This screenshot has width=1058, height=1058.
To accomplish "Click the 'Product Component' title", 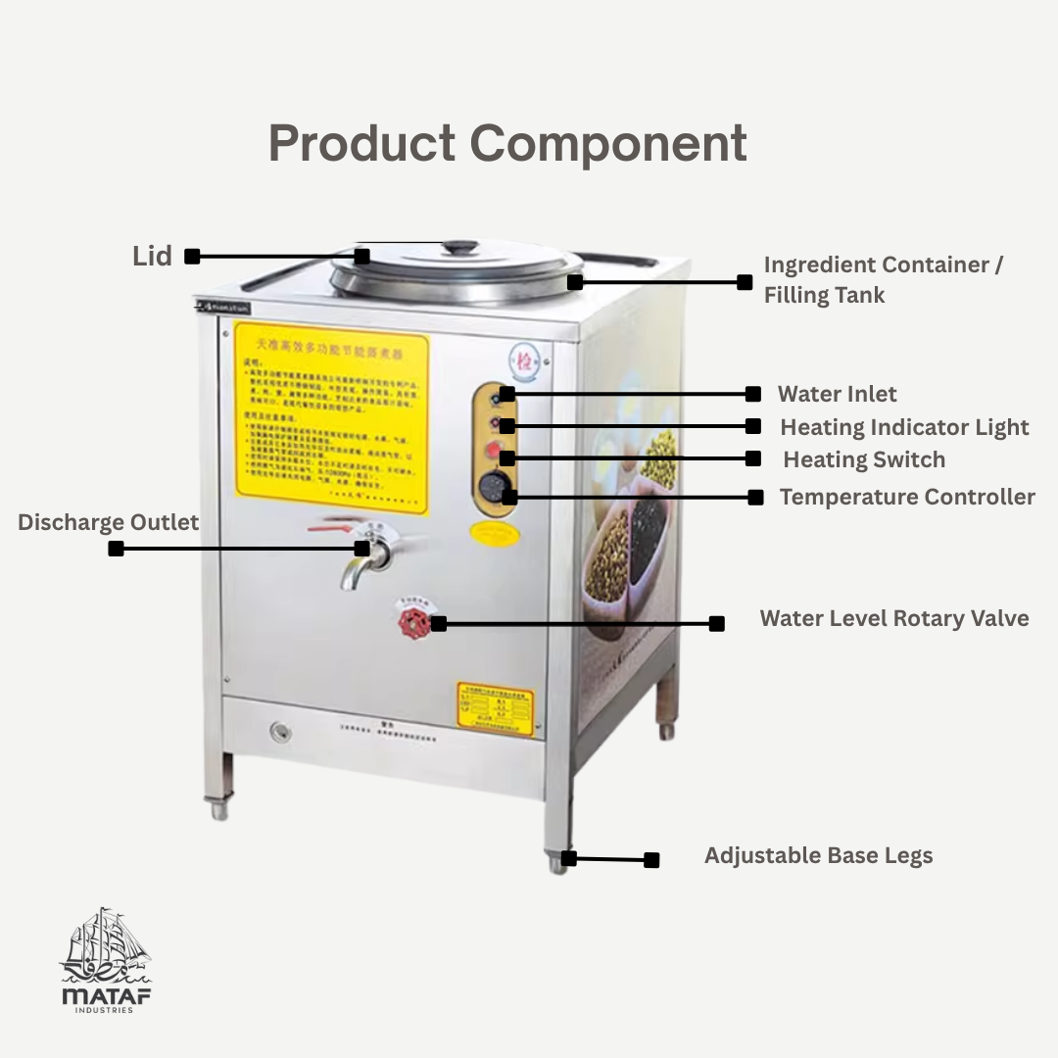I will point(507,144).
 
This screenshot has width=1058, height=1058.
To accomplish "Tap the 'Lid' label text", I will point(152,257).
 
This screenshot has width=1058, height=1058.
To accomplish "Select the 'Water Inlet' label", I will point(837,394).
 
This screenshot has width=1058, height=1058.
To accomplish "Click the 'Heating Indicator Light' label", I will point(904,427).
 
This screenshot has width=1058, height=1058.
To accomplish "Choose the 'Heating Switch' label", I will point(864,459).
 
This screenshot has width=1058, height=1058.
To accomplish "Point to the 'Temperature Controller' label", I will point(907,497).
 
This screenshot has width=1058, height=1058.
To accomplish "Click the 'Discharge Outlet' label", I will point(108,522).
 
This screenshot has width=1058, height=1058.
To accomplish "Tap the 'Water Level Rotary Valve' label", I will point(894,618).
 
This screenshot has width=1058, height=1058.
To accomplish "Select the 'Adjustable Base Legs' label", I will point(818,855).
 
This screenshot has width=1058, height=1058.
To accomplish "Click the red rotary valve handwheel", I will point(415,622).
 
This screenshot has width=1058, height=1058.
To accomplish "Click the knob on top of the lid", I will point(459,247).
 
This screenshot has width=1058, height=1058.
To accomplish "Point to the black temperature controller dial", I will point(494,487).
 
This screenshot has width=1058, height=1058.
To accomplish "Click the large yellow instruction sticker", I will point(332,421).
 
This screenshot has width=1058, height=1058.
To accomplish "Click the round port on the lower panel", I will point(281,731).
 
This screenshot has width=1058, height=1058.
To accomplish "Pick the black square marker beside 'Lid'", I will point(192,257).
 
